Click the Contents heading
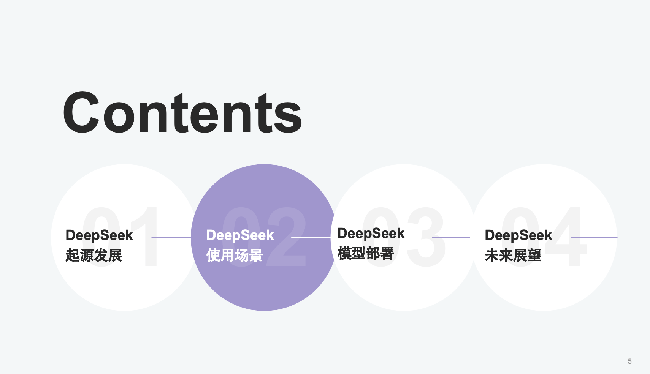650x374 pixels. pyautogui.click(x=182, y=112)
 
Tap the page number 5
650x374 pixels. pyautogui.click(x=630, y=361)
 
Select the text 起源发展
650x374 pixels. pyautogui.click(x=94, y=256)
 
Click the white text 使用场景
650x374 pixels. pyautogui.click(x=235, y=256)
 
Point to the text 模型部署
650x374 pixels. pyautogui.click(x=366, y=253)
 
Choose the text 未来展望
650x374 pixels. pyautogui.click(x=513, y=256)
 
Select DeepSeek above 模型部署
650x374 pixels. pyautogui.click(x=371, y=234)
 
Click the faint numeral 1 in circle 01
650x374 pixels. pyautogui.click(x=146, y=236)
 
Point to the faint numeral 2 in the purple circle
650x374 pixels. pyautogui.click(x=286, y=236)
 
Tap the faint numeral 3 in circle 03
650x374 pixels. pyautogui.click(x=426, y=237)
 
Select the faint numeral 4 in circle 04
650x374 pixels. pyautogui.click(x=566, y=236)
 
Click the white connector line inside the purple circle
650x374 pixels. pyautogui.click(x=311, y=237)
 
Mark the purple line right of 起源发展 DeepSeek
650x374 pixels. pyautogui.click(x=171, y=237)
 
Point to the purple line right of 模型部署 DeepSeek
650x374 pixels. pyautogui.click(x=451, y=237)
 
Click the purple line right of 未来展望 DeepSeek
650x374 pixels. pyautogui.click(x=594, y=237)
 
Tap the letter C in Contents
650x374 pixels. pyautogui.click(x=82, y=112)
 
